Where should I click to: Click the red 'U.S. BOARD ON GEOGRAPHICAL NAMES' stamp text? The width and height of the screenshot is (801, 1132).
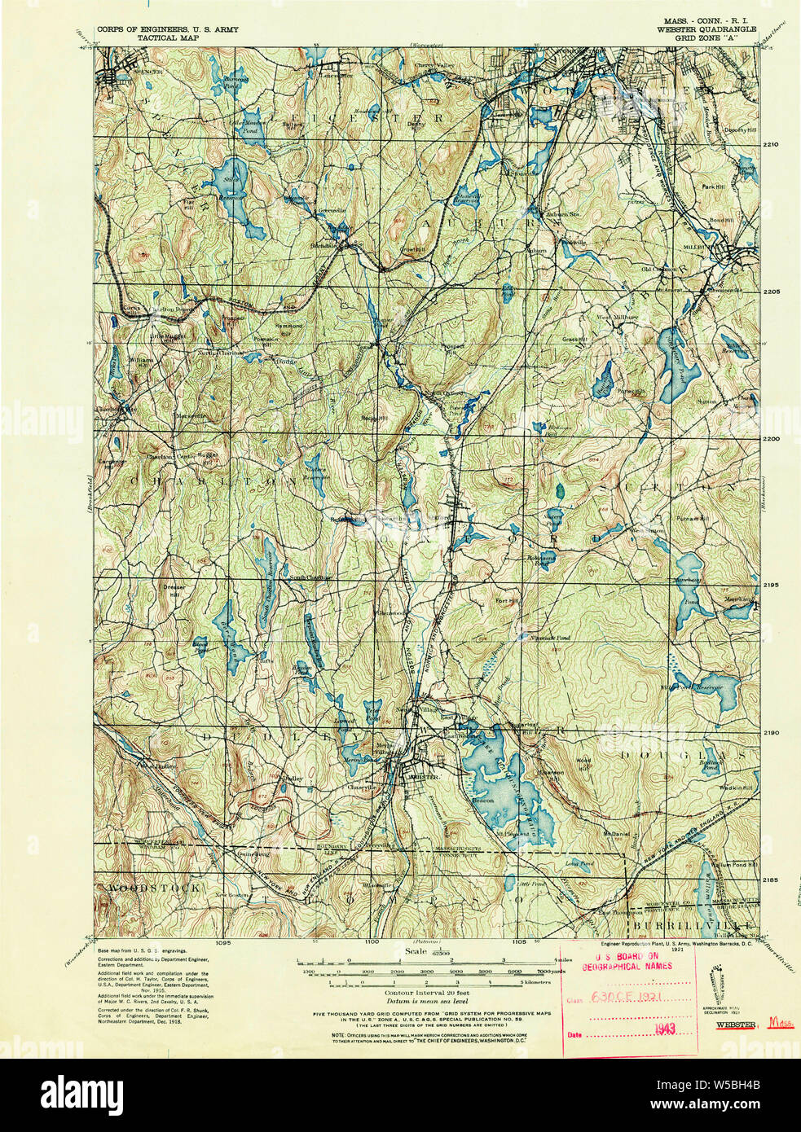pos(633,962)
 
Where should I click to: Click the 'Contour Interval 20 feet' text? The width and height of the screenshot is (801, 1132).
pos(422,993)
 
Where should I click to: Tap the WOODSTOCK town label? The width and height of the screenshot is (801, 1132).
pos(143,888)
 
